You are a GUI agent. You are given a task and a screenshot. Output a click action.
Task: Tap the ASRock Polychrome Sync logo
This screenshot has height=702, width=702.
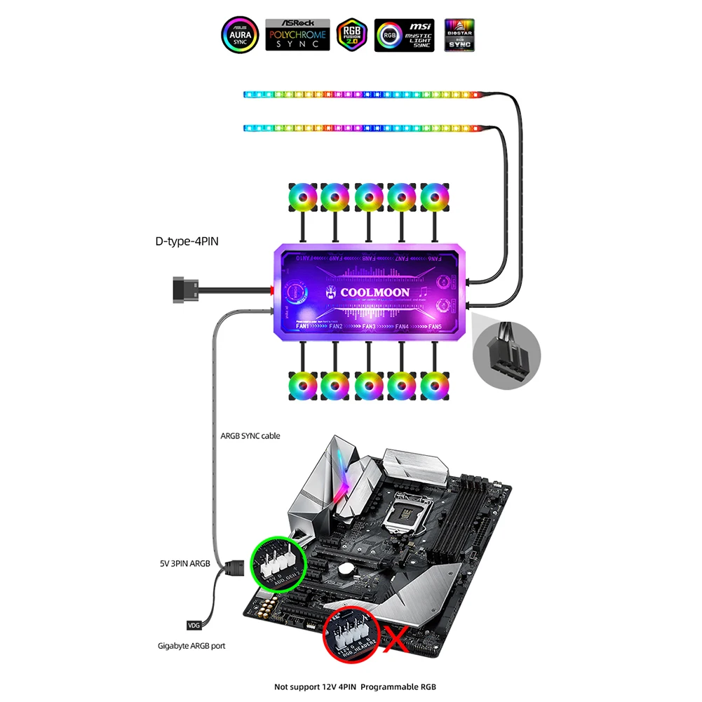pos(297,34)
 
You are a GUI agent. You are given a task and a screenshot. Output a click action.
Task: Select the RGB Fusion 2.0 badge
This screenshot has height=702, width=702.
pos(352,34)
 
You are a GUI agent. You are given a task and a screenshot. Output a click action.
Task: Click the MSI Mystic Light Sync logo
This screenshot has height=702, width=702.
pos(404,34)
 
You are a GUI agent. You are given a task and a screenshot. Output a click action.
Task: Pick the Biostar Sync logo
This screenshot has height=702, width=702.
pos(459,34)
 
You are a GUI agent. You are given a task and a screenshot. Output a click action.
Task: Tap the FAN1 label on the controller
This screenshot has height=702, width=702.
pos(302,327)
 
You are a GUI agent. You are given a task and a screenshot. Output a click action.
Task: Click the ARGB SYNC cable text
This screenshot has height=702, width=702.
pos(250,436)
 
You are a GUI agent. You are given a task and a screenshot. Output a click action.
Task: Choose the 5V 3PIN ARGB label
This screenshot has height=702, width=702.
pos(184,562)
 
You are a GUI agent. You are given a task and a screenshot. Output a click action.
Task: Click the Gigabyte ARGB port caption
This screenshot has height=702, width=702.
pos(191,645)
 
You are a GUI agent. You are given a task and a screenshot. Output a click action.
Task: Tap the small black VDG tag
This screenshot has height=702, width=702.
pos(194,625)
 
